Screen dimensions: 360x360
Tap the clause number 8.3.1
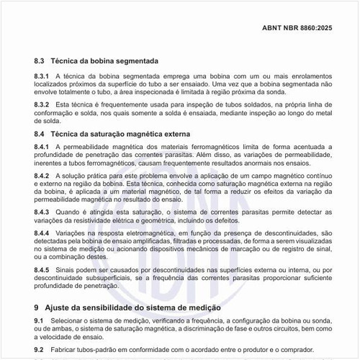(x=42, y=76)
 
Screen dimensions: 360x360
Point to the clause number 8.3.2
(x=42, y=105)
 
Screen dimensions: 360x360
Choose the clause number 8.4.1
(x=42, y=147)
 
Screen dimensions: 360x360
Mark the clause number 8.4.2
(x=42, y=176)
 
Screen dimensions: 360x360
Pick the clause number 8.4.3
(x=42, y=212)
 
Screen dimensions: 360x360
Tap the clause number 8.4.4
(x=42, y=234)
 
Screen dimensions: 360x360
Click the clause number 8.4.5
(x=42, y=270)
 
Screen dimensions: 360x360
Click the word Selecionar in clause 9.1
(x=70, y=320)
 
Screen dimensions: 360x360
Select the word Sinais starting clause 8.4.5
(x=66, y=270)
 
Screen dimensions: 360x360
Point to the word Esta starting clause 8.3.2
(x=64, y=105)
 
